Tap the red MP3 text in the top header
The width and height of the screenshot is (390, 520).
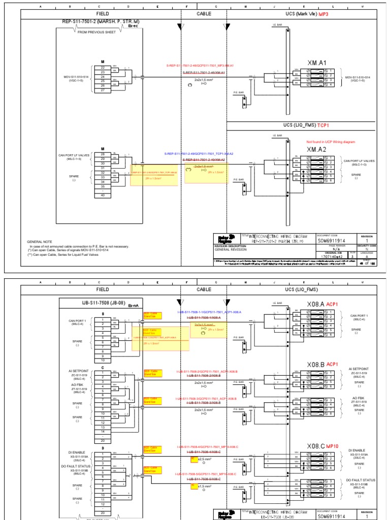click(323, 14)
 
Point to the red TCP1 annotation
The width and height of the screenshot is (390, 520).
click(324, 125)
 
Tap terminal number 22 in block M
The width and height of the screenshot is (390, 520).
click(103, 68)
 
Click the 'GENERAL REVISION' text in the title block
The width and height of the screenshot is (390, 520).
click(230, 250)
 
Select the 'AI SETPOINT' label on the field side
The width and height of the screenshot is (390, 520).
click(78, 369)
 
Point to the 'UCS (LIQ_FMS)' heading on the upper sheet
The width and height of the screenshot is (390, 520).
click(300, 125)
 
